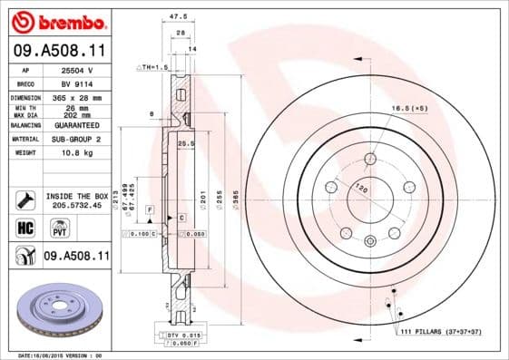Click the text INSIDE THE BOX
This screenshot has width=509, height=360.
click(x=76, y=196)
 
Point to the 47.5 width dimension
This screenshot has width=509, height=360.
click(x=178, y=16)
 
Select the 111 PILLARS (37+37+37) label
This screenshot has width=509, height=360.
click(x=441, y=332)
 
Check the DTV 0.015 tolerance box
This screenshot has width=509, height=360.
click(x=182, y=336)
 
